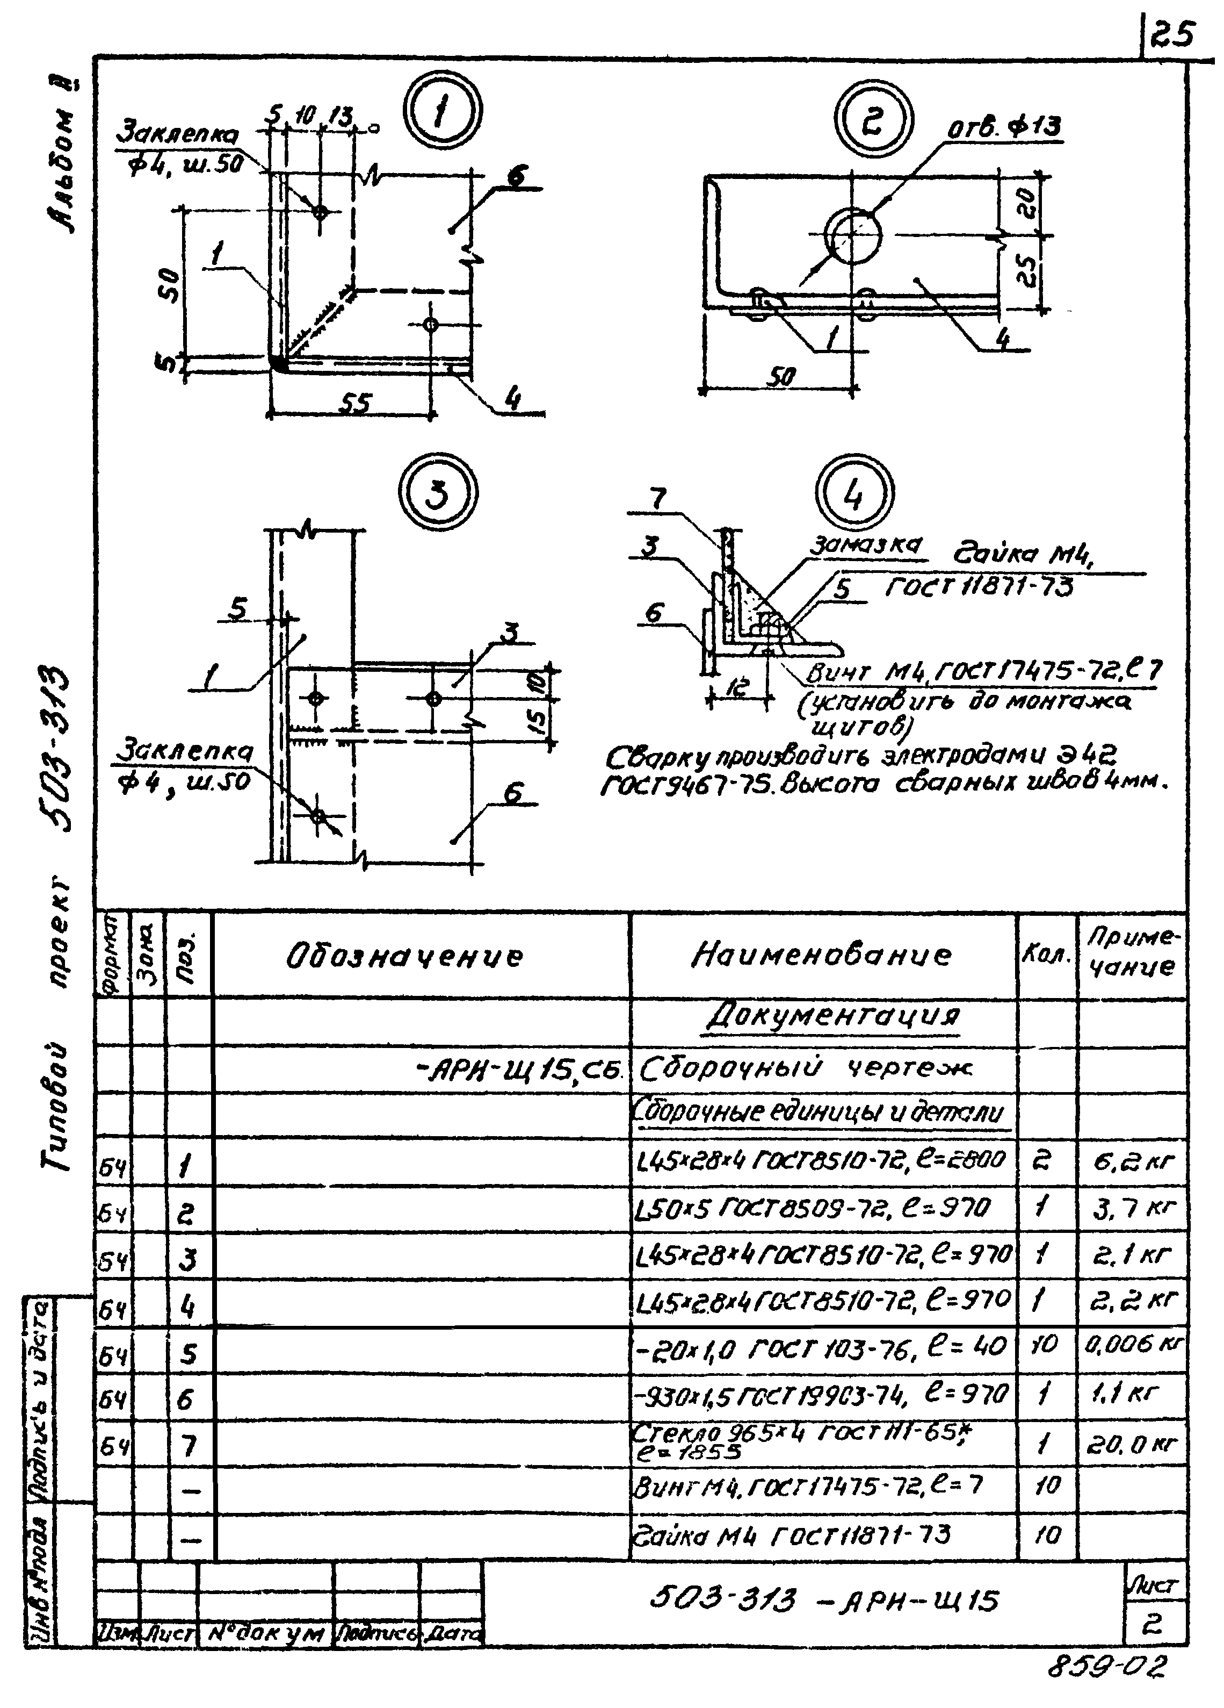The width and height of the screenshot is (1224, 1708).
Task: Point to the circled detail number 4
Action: point(854,494)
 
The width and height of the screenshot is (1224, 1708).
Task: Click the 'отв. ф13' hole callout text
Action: point(1004,128)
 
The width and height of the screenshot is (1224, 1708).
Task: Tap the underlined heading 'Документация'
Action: point(834,1017)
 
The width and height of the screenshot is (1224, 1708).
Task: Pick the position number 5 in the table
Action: point(188,1354)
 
